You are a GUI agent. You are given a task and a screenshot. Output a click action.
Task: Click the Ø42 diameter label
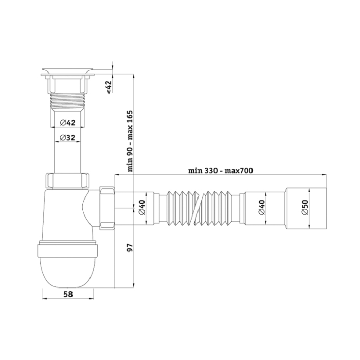click(67, 123)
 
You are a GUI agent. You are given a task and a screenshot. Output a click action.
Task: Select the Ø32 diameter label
click(67, 138)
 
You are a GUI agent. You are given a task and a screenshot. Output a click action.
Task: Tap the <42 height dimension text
click(109, 87)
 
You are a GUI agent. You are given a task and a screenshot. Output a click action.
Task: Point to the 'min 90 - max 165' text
click(130, 141)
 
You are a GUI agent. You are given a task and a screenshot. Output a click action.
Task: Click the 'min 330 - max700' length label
click(221, 171)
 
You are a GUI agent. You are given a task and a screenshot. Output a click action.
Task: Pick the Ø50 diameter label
click(305, 207)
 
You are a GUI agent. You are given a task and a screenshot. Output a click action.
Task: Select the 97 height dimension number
click(130, 248)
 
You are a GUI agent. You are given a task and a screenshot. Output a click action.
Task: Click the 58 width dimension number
click(67, 294)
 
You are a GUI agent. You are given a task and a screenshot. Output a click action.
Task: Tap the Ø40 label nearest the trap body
click(142, 207)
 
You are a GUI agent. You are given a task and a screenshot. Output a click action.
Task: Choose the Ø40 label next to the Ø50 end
click(262, 207)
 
